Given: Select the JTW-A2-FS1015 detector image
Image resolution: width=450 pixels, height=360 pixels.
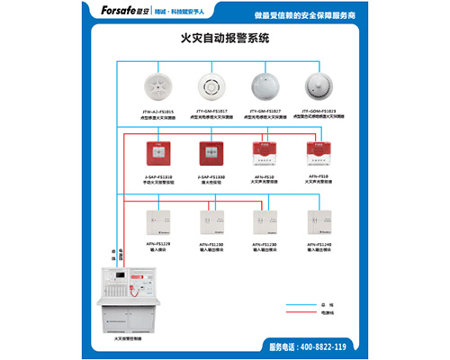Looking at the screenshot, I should (159, 86).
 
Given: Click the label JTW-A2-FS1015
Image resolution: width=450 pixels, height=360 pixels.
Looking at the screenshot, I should (158, 111).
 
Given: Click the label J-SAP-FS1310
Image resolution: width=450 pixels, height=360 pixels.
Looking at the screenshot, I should (159, 176).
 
